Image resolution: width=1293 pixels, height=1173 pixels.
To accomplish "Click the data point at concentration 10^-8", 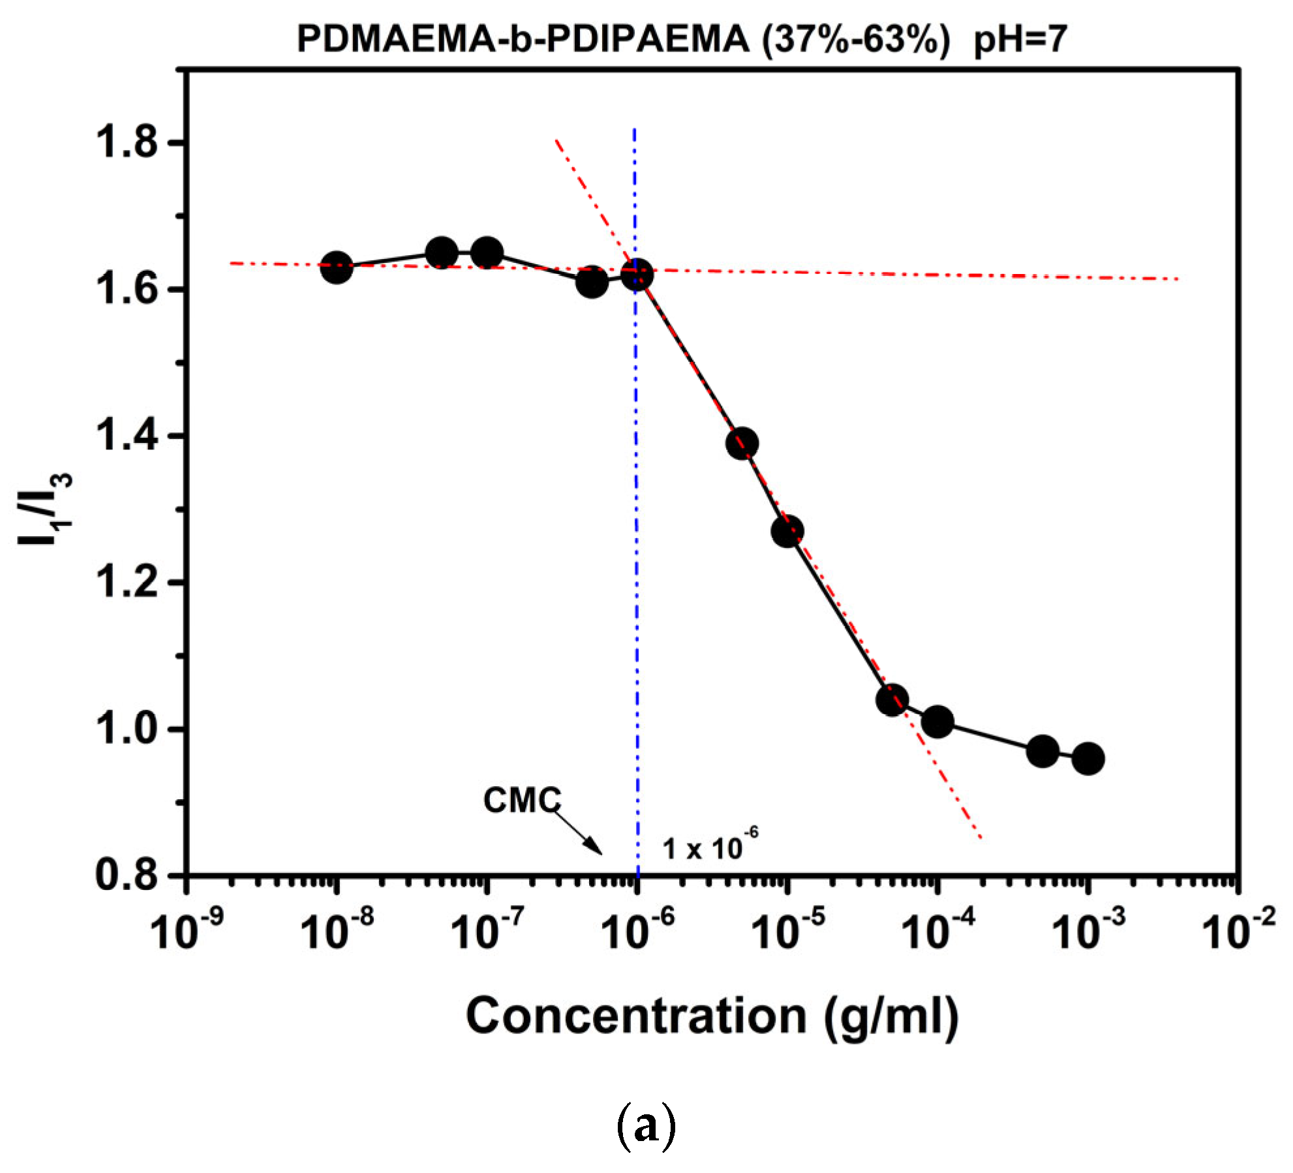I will coord(337,267).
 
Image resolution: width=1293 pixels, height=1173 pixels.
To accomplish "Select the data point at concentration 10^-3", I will coord(1088,759).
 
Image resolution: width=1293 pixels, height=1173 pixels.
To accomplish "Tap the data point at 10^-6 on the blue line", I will coord(637,275).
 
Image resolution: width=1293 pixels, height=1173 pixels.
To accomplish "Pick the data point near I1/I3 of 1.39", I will coord(742,444).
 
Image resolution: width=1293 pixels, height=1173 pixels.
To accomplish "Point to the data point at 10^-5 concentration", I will coord(787,532).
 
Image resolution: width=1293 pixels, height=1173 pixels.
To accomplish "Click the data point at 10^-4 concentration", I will coord(937,722).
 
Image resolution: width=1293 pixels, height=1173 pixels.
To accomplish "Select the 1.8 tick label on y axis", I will coord(127,142).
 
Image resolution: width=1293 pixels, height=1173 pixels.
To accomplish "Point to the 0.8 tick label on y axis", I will coord(127,875).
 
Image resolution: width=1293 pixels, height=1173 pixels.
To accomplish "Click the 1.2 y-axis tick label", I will coord(127,582).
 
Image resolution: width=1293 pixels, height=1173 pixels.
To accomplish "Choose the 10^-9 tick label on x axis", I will coord(187,930).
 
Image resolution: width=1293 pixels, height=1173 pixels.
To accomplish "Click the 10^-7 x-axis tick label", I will coord(487,930).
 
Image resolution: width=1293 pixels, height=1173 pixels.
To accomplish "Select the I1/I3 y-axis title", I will coord(44,509).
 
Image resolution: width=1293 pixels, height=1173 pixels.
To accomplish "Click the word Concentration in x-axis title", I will coord(636,1016).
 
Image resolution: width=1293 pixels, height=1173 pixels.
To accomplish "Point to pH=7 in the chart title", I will coord(1020,39).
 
